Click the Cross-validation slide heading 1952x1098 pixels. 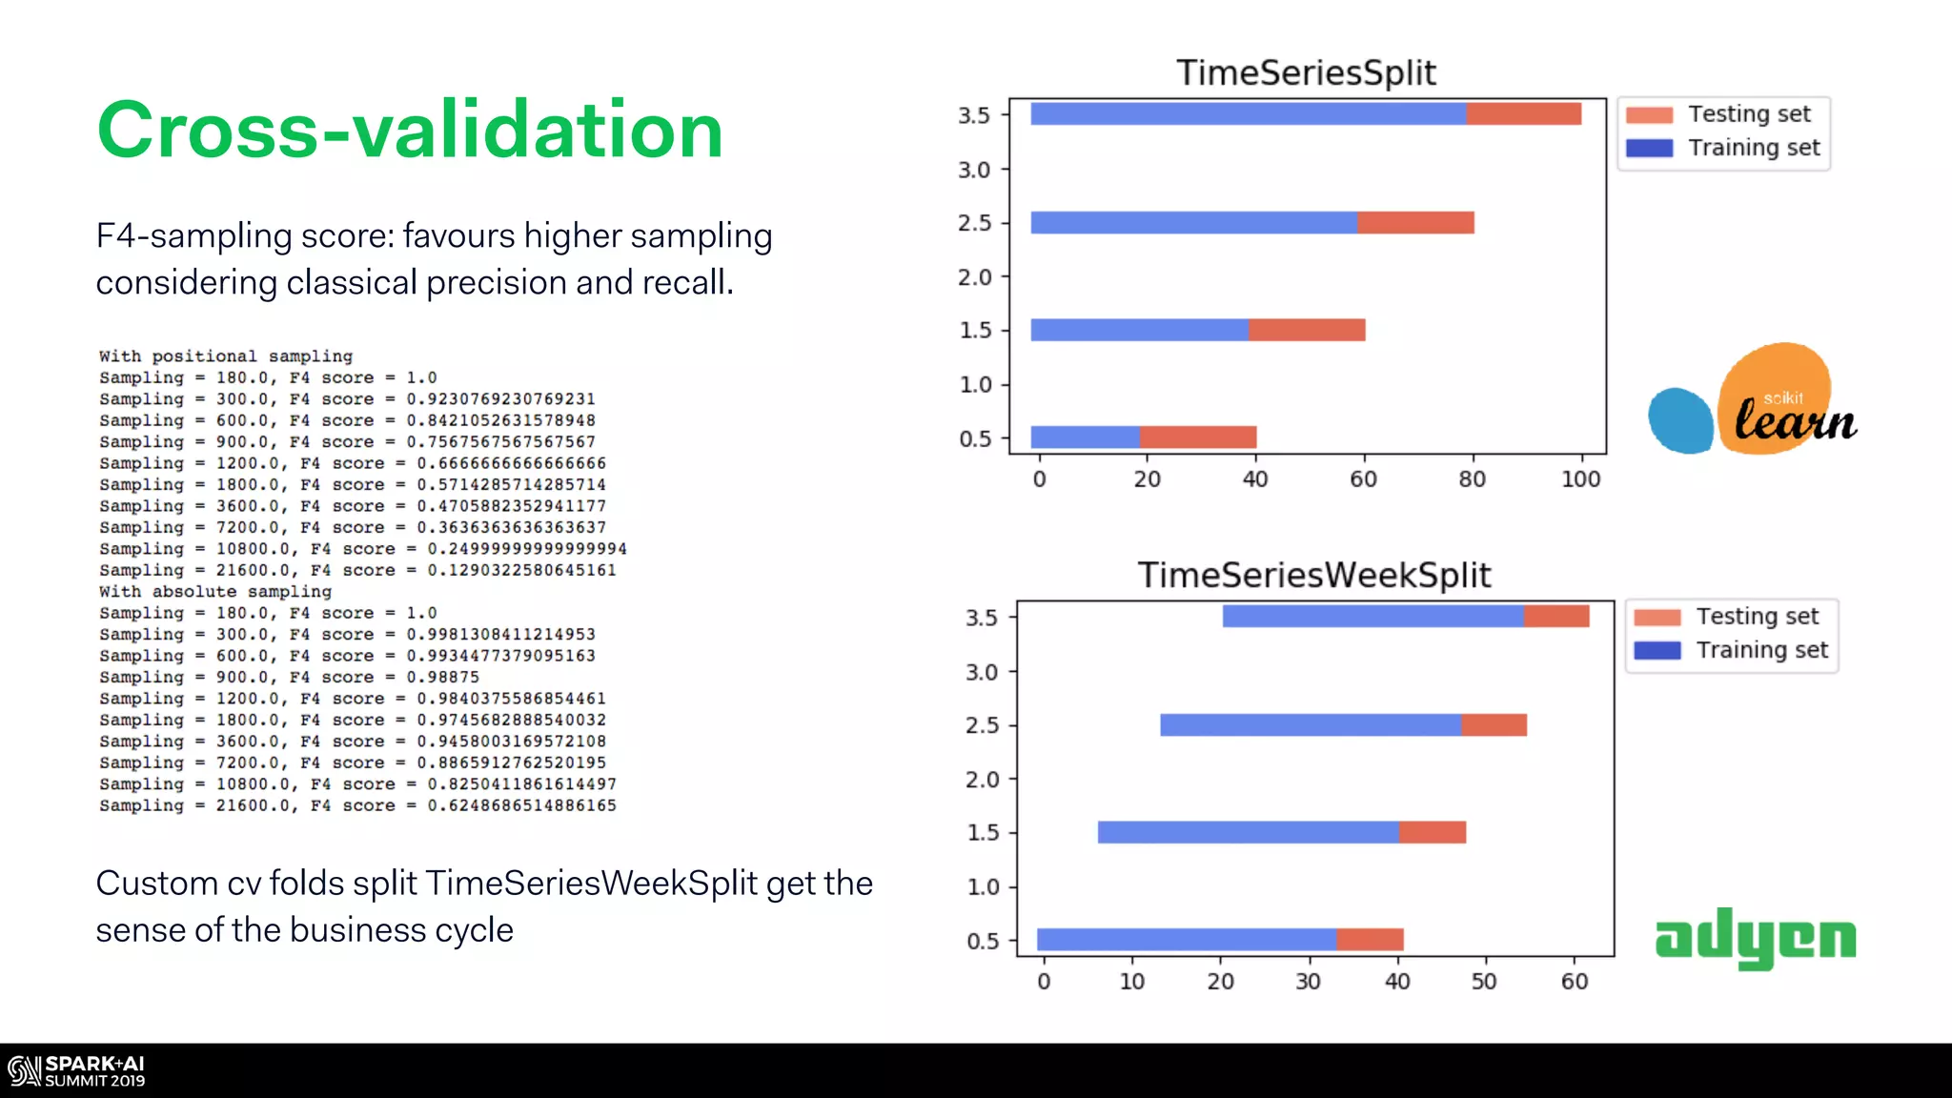(x=410, y=131)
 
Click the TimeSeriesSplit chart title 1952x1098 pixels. (x=1306, y=73)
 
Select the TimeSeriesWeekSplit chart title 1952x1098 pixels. (x=1313, y=576)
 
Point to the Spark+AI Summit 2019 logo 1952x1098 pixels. (x=76, y=1071)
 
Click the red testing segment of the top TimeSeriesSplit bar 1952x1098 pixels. (x=1523, y=114)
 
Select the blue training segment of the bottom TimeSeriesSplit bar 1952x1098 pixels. (x=1085, y=437)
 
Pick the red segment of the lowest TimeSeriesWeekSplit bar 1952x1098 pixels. (x=1370, y=940)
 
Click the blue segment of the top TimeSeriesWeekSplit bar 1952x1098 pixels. (x=1372, y=617)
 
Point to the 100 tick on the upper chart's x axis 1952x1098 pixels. (x=1580, y=479)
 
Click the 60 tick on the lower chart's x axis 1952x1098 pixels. (x=1575, y=982)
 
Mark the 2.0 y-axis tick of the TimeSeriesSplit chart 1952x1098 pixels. (x=974, y=277)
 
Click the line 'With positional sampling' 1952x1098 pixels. (x=226, y=356)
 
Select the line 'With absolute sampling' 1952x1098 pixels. (x=215, y=592)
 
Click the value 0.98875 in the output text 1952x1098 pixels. (x=442, y=678)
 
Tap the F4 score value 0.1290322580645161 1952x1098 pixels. (x=521, y=571)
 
